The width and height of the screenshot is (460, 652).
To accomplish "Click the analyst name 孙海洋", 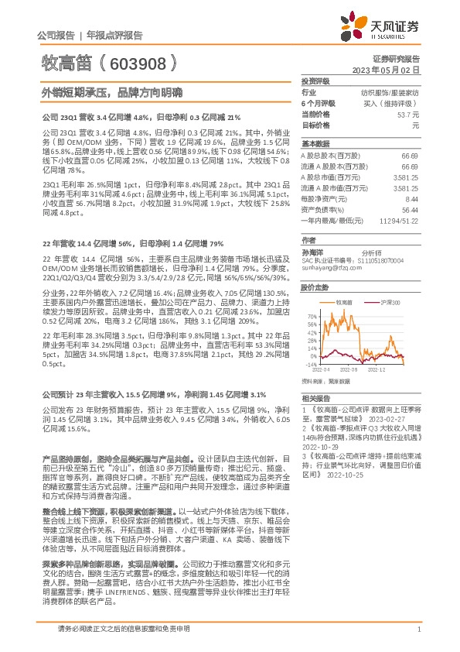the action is (313, 252).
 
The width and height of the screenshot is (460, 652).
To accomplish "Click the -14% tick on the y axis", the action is (311, 363).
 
